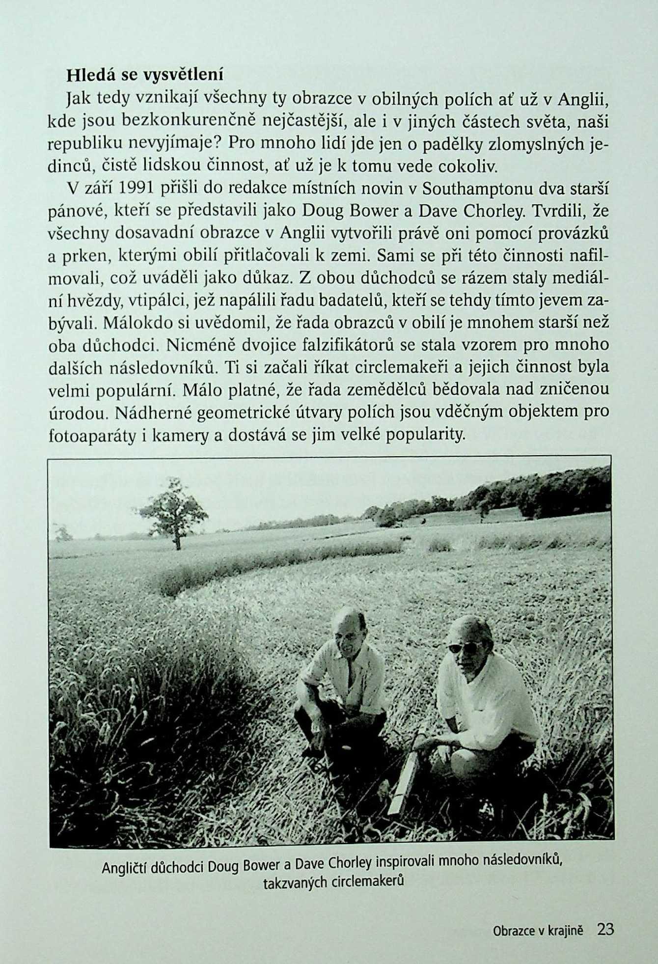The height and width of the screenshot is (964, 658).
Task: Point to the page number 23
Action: coord(605,930)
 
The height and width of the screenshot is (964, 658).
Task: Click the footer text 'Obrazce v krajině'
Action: coord(538,931)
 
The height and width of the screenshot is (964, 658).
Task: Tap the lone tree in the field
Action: coord(173,513)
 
